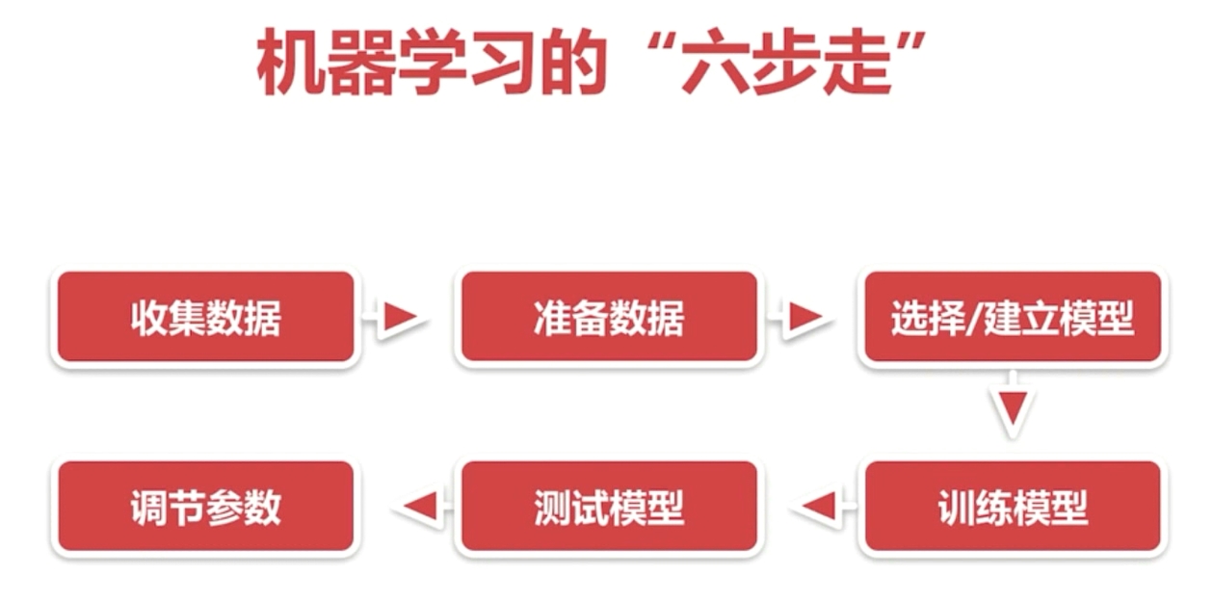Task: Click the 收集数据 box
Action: point(206,317)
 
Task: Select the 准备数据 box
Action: point(609,317)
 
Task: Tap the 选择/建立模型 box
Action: point(1013,317)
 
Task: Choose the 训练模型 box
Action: point(1013,507)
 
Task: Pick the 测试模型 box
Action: point(609,507)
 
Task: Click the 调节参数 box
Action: point(206,507)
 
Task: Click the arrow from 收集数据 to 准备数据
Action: point(394,317)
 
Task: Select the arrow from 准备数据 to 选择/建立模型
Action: point(801,317)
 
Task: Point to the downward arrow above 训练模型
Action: point(1013,404)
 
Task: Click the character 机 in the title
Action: point(290,63)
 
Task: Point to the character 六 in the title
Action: point(715,63)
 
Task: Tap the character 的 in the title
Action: point(574,63)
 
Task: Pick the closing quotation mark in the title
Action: point(911,44)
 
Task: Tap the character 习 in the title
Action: point(504,63)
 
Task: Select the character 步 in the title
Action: point(786,63)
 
